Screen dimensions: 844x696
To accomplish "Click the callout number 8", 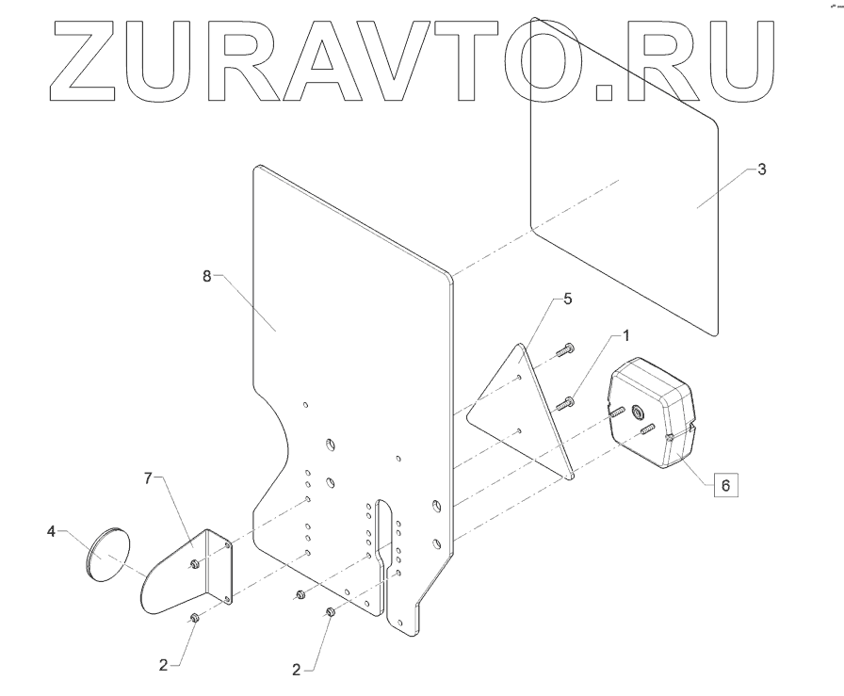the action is pyautogui.click(x=207, y=275).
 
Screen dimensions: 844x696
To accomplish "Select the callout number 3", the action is pyautogui.click(x=762, y=170).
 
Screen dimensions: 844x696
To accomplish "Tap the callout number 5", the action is pyautogui.click(x=567, y=299).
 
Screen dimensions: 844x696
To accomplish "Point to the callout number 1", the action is pyautogui.click(x=625, y=335).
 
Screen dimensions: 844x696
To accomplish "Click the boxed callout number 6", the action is pyautogui.click(x=724, y=485).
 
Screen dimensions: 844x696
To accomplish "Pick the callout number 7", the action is pyautogui.click(x=148, y=478).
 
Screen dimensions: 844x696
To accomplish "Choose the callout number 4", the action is pyautogui.click(x=51, y=532).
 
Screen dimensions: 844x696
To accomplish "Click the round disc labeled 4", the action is pyautogui.click(x=107, y=555).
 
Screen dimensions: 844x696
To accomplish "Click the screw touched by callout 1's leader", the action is pyautogui.click(x=566, y=404).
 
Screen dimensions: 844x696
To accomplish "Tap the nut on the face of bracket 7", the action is pyautogui.click(x=194, y=563).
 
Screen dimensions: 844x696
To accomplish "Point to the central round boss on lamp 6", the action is pyautogui.click(x=638, y=411).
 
